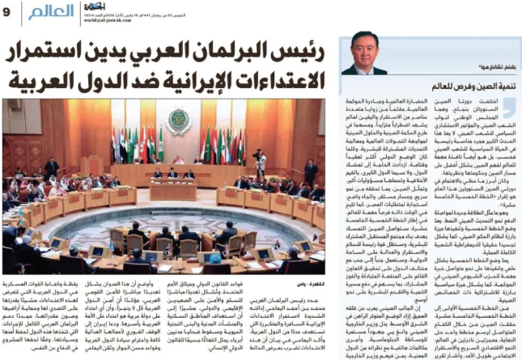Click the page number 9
click(7, 10)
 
